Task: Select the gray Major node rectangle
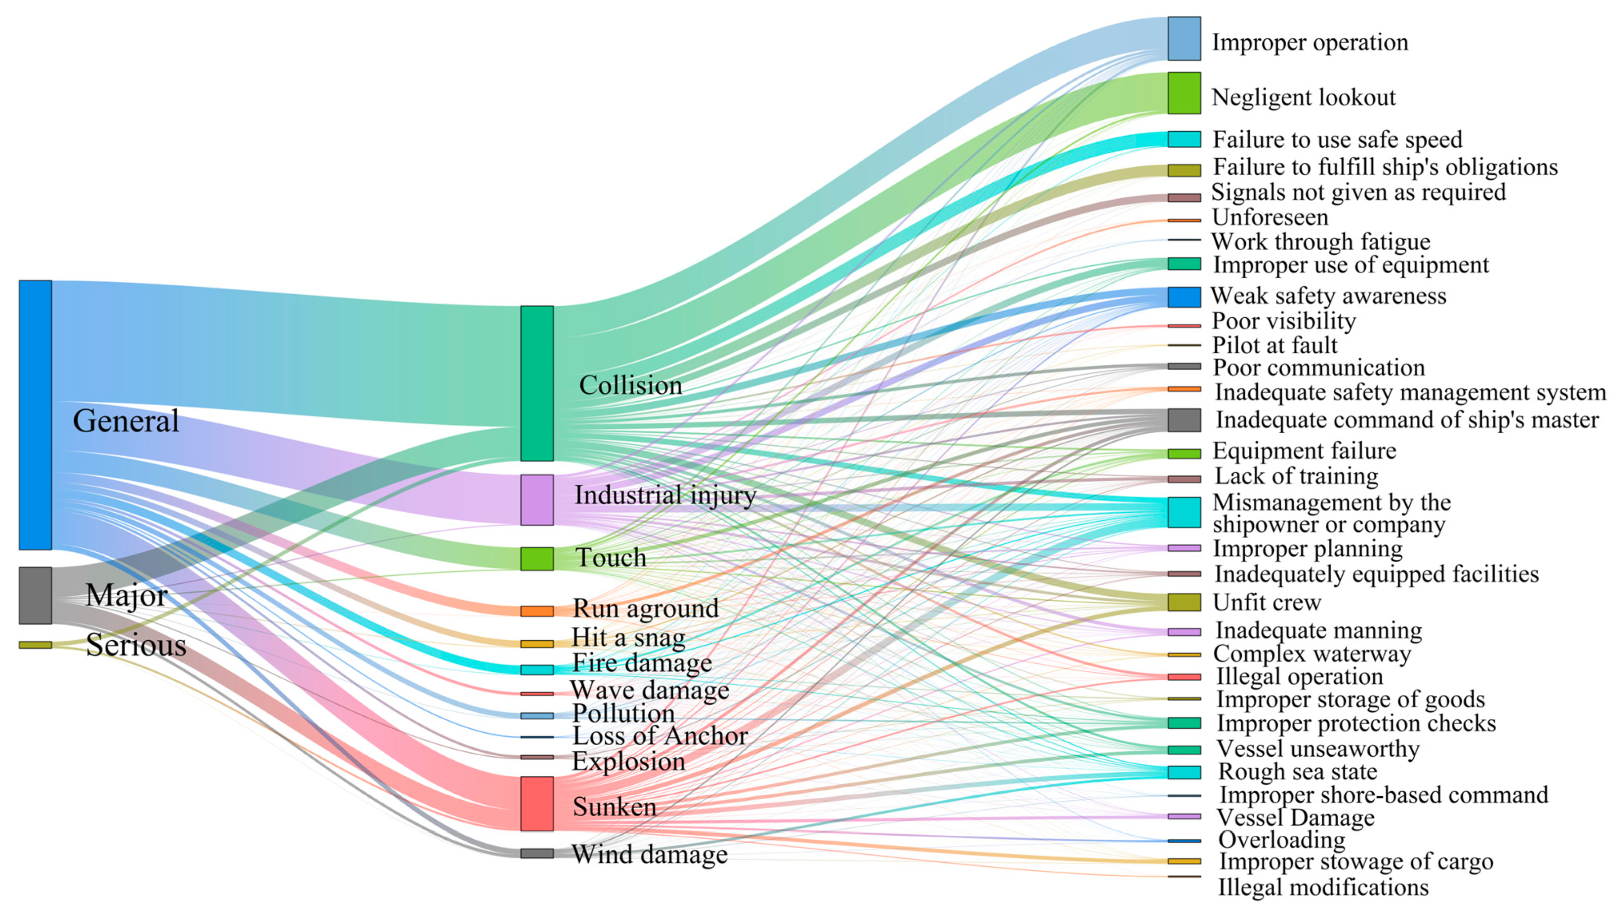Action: tap(35, 595)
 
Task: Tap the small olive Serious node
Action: tap(35, 645)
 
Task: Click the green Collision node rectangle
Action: tap(537, 384)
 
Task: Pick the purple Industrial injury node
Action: tap(537, 500)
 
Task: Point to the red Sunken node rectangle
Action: tap(537, 803)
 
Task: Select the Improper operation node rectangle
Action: tap(1184, 39)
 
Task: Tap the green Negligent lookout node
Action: tap(1184, 93)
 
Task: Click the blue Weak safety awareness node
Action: tap(1184, 297)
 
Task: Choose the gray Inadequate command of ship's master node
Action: tap(1184, 420)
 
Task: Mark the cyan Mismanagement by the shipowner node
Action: tap(1184, 512)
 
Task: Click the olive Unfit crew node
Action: tap(1184, 602)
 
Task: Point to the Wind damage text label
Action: tap(649, 854)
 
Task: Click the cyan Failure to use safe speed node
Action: tap(1184, 139)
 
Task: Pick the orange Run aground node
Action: tap(537, 611)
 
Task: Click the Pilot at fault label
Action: tap(1274, 345)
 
